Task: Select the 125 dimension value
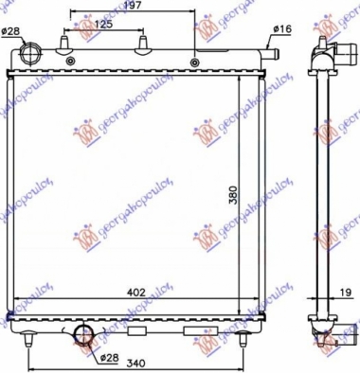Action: point(103,24)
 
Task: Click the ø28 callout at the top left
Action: point(10,32)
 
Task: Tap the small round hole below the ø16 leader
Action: point(196,62)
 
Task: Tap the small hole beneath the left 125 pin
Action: point(72,62)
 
